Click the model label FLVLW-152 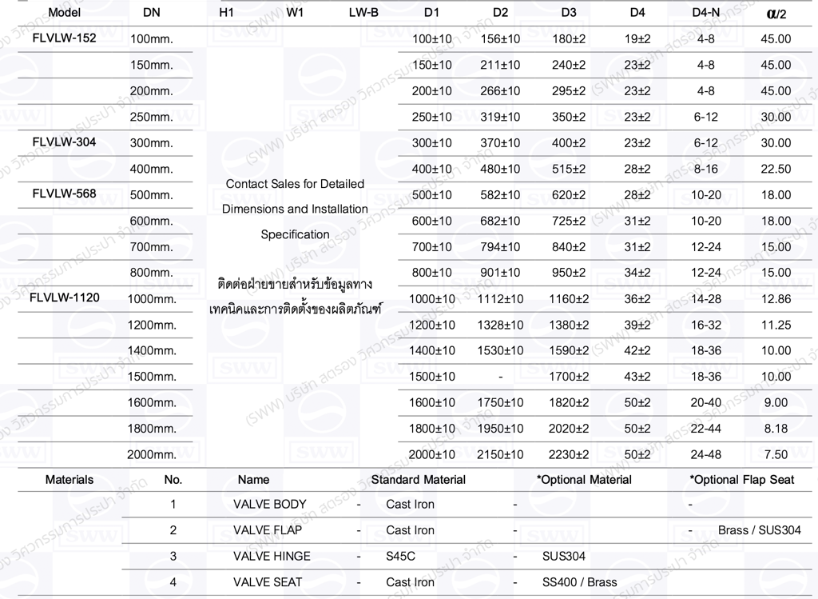pyautogui.click(x=65, y=38)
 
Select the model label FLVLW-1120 pyautogui.click(x=65, y=298)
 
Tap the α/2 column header pyautogui.click(x=775, y=14)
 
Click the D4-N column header pyautogui.click(x=705, y=13)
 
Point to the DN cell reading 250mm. pyautogui.click(x=151, y=117)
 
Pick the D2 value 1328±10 pyautogui.click(x=500, y=325)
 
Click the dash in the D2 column pyautogui.click(x=500, y=377)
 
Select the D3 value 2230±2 pyautogui.click(x=569, y=454)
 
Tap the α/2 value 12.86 pyautogui.click(x=776, y=298)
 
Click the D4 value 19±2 pyautogui.click(x=637, y=38)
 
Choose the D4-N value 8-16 pyautogui.click(x=705, y=169)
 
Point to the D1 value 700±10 pyautogui.click(x=431, y=246)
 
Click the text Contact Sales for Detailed pyautogui.click(x=295, y=184)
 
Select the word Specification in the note pyautogui.click(x=295, y=234)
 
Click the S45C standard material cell pyautogui.click(x=400, y=556)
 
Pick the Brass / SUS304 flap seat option pyautogui.click(x=759, y=530)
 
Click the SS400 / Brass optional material pyautogui.click(x=579, y=582)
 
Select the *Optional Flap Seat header pyautogui.click(x=742, y=480)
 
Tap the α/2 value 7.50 pyautogui.click(x=776, y=454)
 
